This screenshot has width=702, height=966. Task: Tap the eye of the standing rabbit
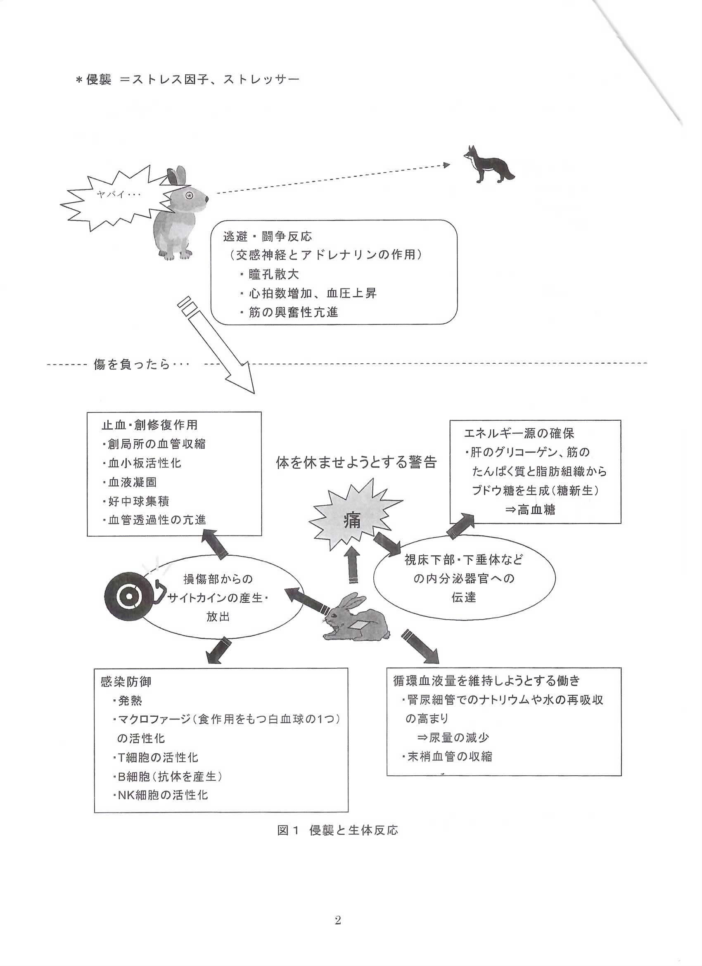(x=189, y=195)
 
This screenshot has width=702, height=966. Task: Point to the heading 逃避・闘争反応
(x=268, y=237)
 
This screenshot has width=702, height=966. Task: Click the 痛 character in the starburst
(x=352, y=521)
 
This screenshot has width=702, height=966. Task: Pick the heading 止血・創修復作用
(x=149, y=425)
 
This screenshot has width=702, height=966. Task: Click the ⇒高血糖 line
(x=530, y=510)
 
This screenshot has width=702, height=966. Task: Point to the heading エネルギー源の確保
(x=519, y=433)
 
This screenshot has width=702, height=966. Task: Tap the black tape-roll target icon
(x=127, y=597)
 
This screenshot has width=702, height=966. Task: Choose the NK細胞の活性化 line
(x=162, y=795)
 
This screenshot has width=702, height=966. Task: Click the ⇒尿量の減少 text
(x=453, y=738)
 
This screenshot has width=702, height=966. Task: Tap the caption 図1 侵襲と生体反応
(x=337, y=830)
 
